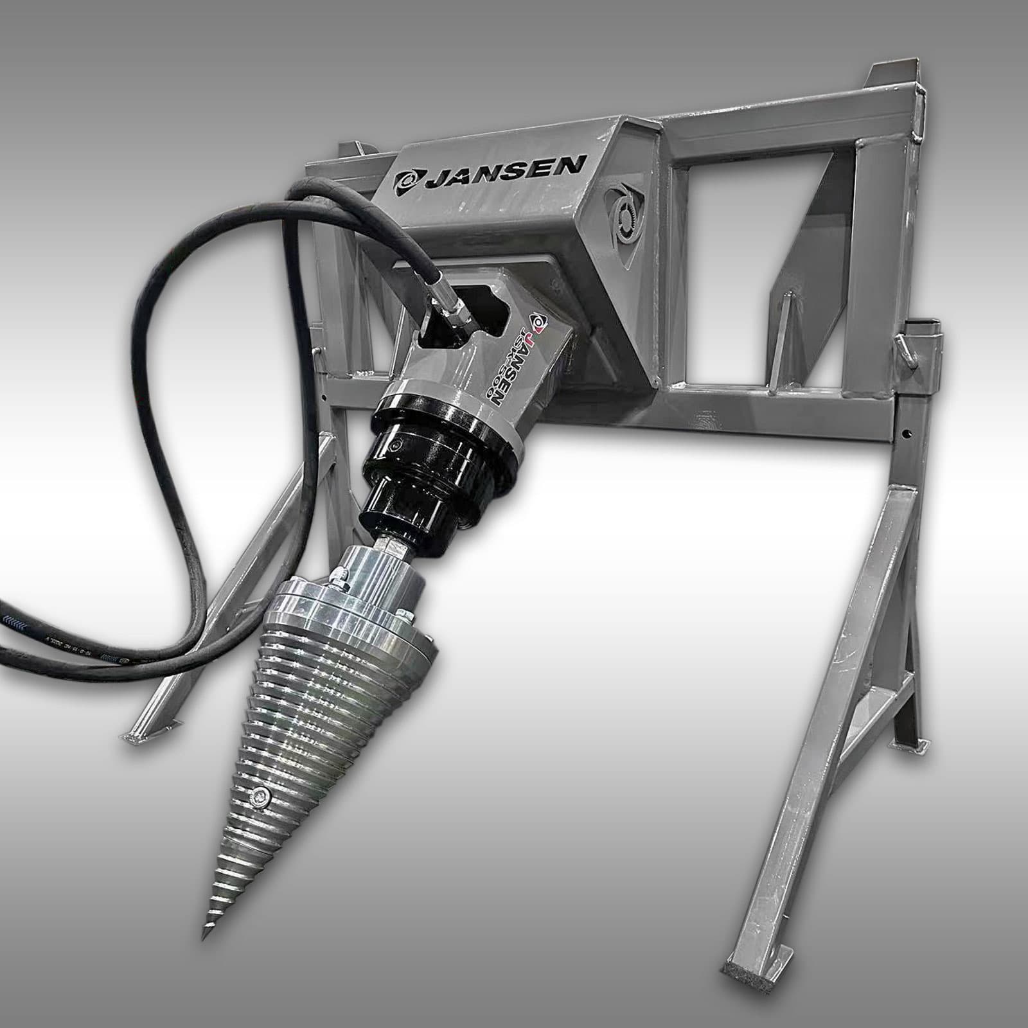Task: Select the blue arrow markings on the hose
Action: coord(19,619)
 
